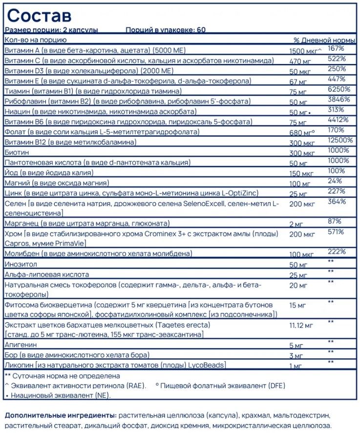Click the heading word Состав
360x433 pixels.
tap(39, 15)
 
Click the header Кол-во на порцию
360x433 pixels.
tap(35, 40)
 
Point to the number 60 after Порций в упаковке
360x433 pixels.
tap(201, 30)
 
